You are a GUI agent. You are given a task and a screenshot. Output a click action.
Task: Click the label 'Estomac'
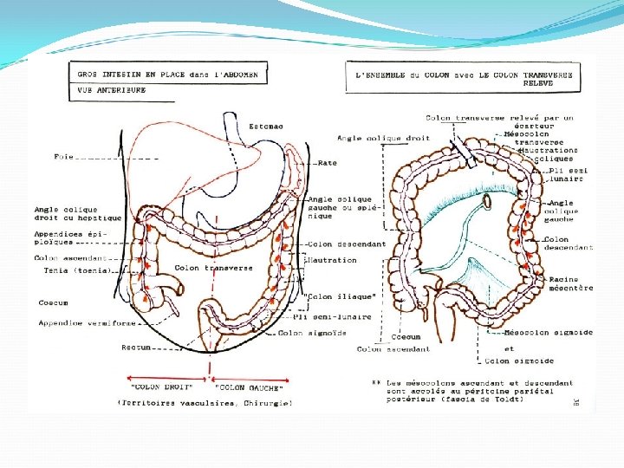point(266,127)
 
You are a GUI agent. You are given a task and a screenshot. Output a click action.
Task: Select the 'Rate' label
point(327,163)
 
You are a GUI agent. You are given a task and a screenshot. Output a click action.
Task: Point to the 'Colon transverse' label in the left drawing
point(213,268)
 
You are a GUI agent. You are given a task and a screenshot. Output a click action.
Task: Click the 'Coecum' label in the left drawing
point(53,302)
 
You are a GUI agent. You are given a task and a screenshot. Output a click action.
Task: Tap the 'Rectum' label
point(136,347)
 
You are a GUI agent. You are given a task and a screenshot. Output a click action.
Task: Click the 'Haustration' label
point(332,260)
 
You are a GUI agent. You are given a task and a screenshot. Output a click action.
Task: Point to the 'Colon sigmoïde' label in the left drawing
point(313,333)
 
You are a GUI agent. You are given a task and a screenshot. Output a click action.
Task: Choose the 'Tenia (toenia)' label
point(77,270)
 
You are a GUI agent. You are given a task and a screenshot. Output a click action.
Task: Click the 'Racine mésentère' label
point(569,283)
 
